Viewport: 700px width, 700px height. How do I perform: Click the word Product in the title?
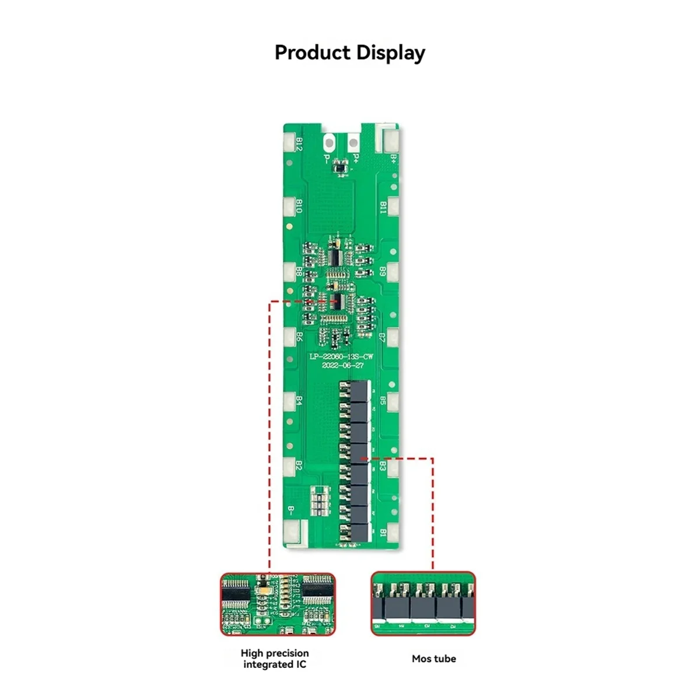pos(313,52)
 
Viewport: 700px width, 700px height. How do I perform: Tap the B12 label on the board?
pos(299,144)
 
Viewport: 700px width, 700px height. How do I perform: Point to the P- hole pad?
pos(328,142)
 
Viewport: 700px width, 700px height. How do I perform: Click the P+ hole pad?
pos(353,142)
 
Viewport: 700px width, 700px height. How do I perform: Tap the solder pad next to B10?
pos(289,206)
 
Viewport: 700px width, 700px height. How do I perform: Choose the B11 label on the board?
pos(383,208)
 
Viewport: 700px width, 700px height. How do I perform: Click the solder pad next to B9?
pos(393,271)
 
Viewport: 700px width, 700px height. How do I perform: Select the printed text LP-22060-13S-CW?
pos(341,356)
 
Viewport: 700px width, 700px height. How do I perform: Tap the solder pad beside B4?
pos(289,401)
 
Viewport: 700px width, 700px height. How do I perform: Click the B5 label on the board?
pos(383,401)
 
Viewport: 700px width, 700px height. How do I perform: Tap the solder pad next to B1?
pos(393,531)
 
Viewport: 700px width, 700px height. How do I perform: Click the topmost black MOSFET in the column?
pos(360,390)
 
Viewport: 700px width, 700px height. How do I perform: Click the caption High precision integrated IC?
pos(275,659)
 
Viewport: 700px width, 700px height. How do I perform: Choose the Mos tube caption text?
pos(433,659)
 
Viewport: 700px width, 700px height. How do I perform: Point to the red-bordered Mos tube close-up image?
pos(423,603)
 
